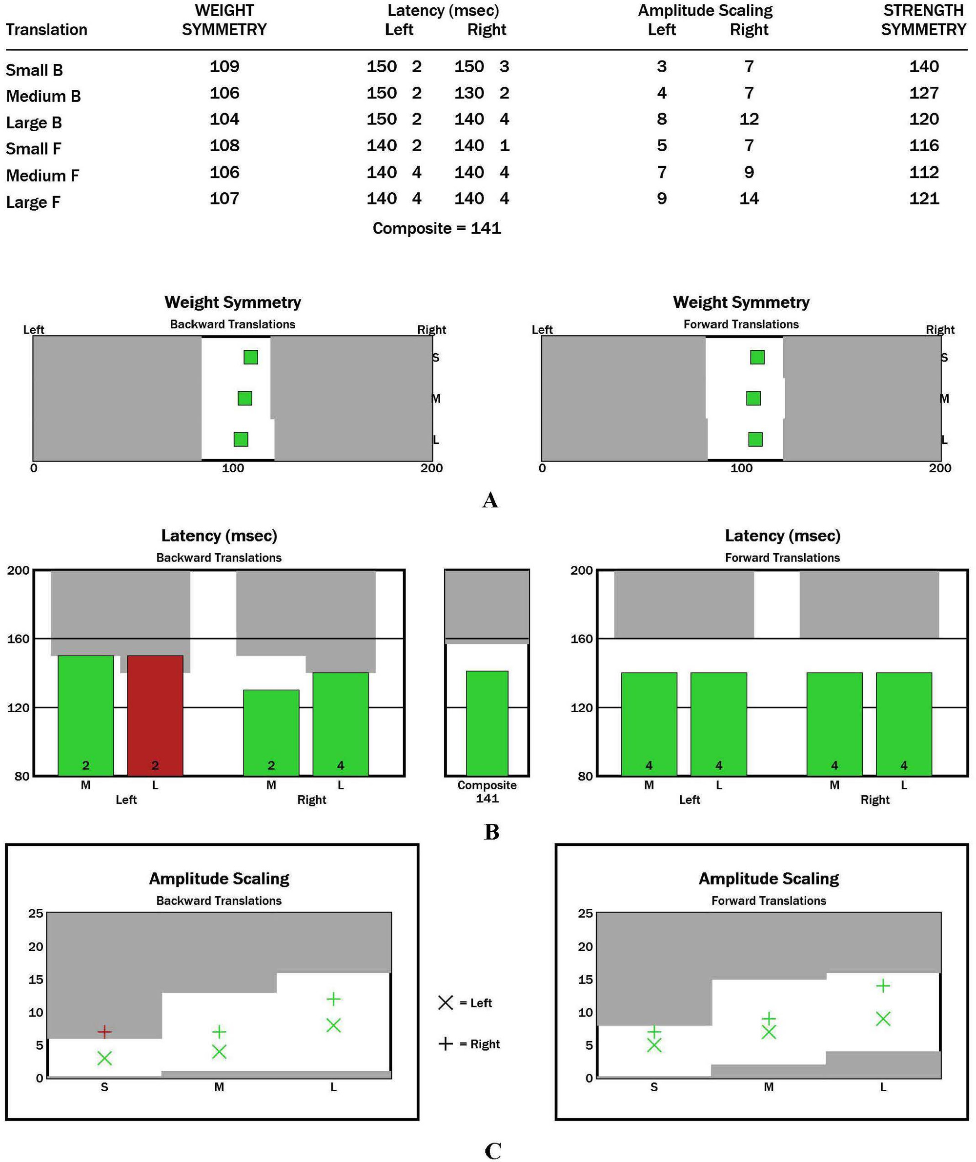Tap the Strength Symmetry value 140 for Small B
pos(923,66)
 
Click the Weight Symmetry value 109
pos(224,66)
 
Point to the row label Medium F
pos(42,176)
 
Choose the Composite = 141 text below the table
pos(436,228)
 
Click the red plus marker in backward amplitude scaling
pos(104,1031)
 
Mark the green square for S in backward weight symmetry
pos(251,357)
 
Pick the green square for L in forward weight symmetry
pos(755,440)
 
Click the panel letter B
pos(491,832)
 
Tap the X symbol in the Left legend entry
pos(446,1002)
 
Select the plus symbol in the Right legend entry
pos(446,1043)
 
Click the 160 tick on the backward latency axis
pos(18,639)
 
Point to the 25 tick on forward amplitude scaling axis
pos(585,913)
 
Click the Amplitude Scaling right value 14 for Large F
pos(749,199)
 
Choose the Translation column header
pos(46,29)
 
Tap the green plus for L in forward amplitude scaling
pos(883,985)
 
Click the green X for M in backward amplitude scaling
pos(219,1051)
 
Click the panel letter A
pos(490,500)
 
